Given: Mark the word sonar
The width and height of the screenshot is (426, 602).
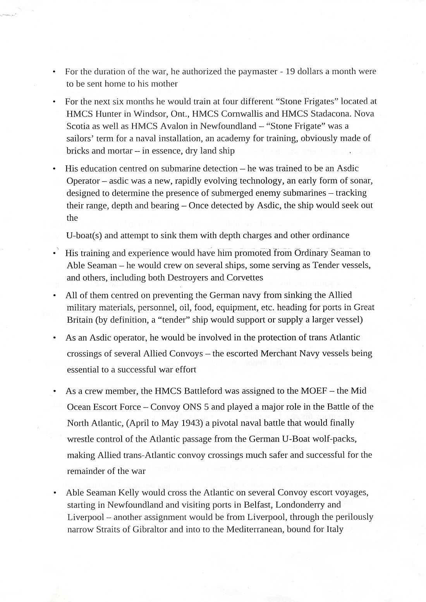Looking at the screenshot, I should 362,181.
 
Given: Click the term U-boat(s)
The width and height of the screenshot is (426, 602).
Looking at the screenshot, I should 84,236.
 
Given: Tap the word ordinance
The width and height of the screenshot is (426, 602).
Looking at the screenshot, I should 330,236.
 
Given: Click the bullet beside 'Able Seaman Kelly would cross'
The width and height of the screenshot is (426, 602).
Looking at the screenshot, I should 56,493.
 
